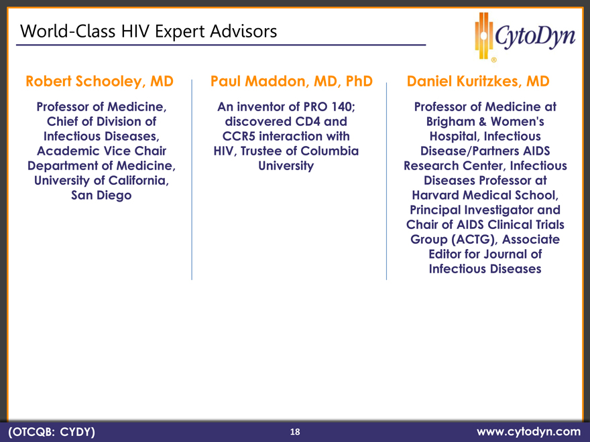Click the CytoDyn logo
(x=525, y=37)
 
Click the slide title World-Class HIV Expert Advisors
(x=148, y=31)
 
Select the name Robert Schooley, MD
(x=99, y=82)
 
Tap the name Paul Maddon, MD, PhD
(x=291, y=82)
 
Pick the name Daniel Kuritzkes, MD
(x=478, y=82)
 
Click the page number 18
(x=295, y=432)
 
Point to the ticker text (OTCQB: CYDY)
(x=52, y=432)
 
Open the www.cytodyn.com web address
(x=528, y=432)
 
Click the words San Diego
(x=101, y=196)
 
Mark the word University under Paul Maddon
(x=286, y=166)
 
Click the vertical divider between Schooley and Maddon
(x=192, y=179)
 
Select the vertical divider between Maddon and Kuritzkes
(x=386, y=181)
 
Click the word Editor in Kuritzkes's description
(x=445, y=254)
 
